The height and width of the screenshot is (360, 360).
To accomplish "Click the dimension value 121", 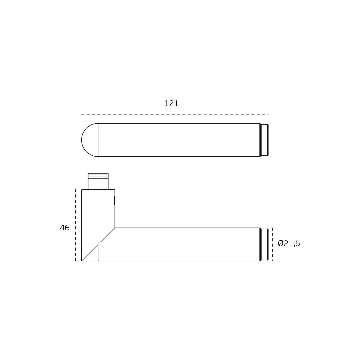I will pos(171,103).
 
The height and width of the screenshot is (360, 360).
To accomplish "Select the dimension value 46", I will pos(64,228).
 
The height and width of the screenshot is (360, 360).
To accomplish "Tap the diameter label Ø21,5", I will pos(289,244).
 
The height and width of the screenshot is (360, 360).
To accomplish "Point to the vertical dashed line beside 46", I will pos(75,225).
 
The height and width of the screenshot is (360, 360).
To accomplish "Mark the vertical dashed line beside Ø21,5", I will pos(272,244).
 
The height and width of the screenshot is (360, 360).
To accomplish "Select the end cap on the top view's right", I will pos(264,140).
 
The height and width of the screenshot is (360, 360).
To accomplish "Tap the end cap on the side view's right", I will pos(264,244).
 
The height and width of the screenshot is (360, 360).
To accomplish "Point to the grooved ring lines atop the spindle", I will pos(98,175).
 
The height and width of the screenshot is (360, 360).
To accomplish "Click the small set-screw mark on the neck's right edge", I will pos(114,200).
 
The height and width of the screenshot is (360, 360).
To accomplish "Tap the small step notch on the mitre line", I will pos(99,242).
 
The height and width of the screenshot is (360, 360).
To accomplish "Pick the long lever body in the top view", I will pos(179,140).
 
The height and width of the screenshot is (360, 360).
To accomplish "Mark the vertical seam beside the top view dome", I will pos(98,140).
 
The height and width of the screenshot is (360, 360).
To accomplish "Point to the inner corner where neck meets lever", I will pos(115,228).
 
